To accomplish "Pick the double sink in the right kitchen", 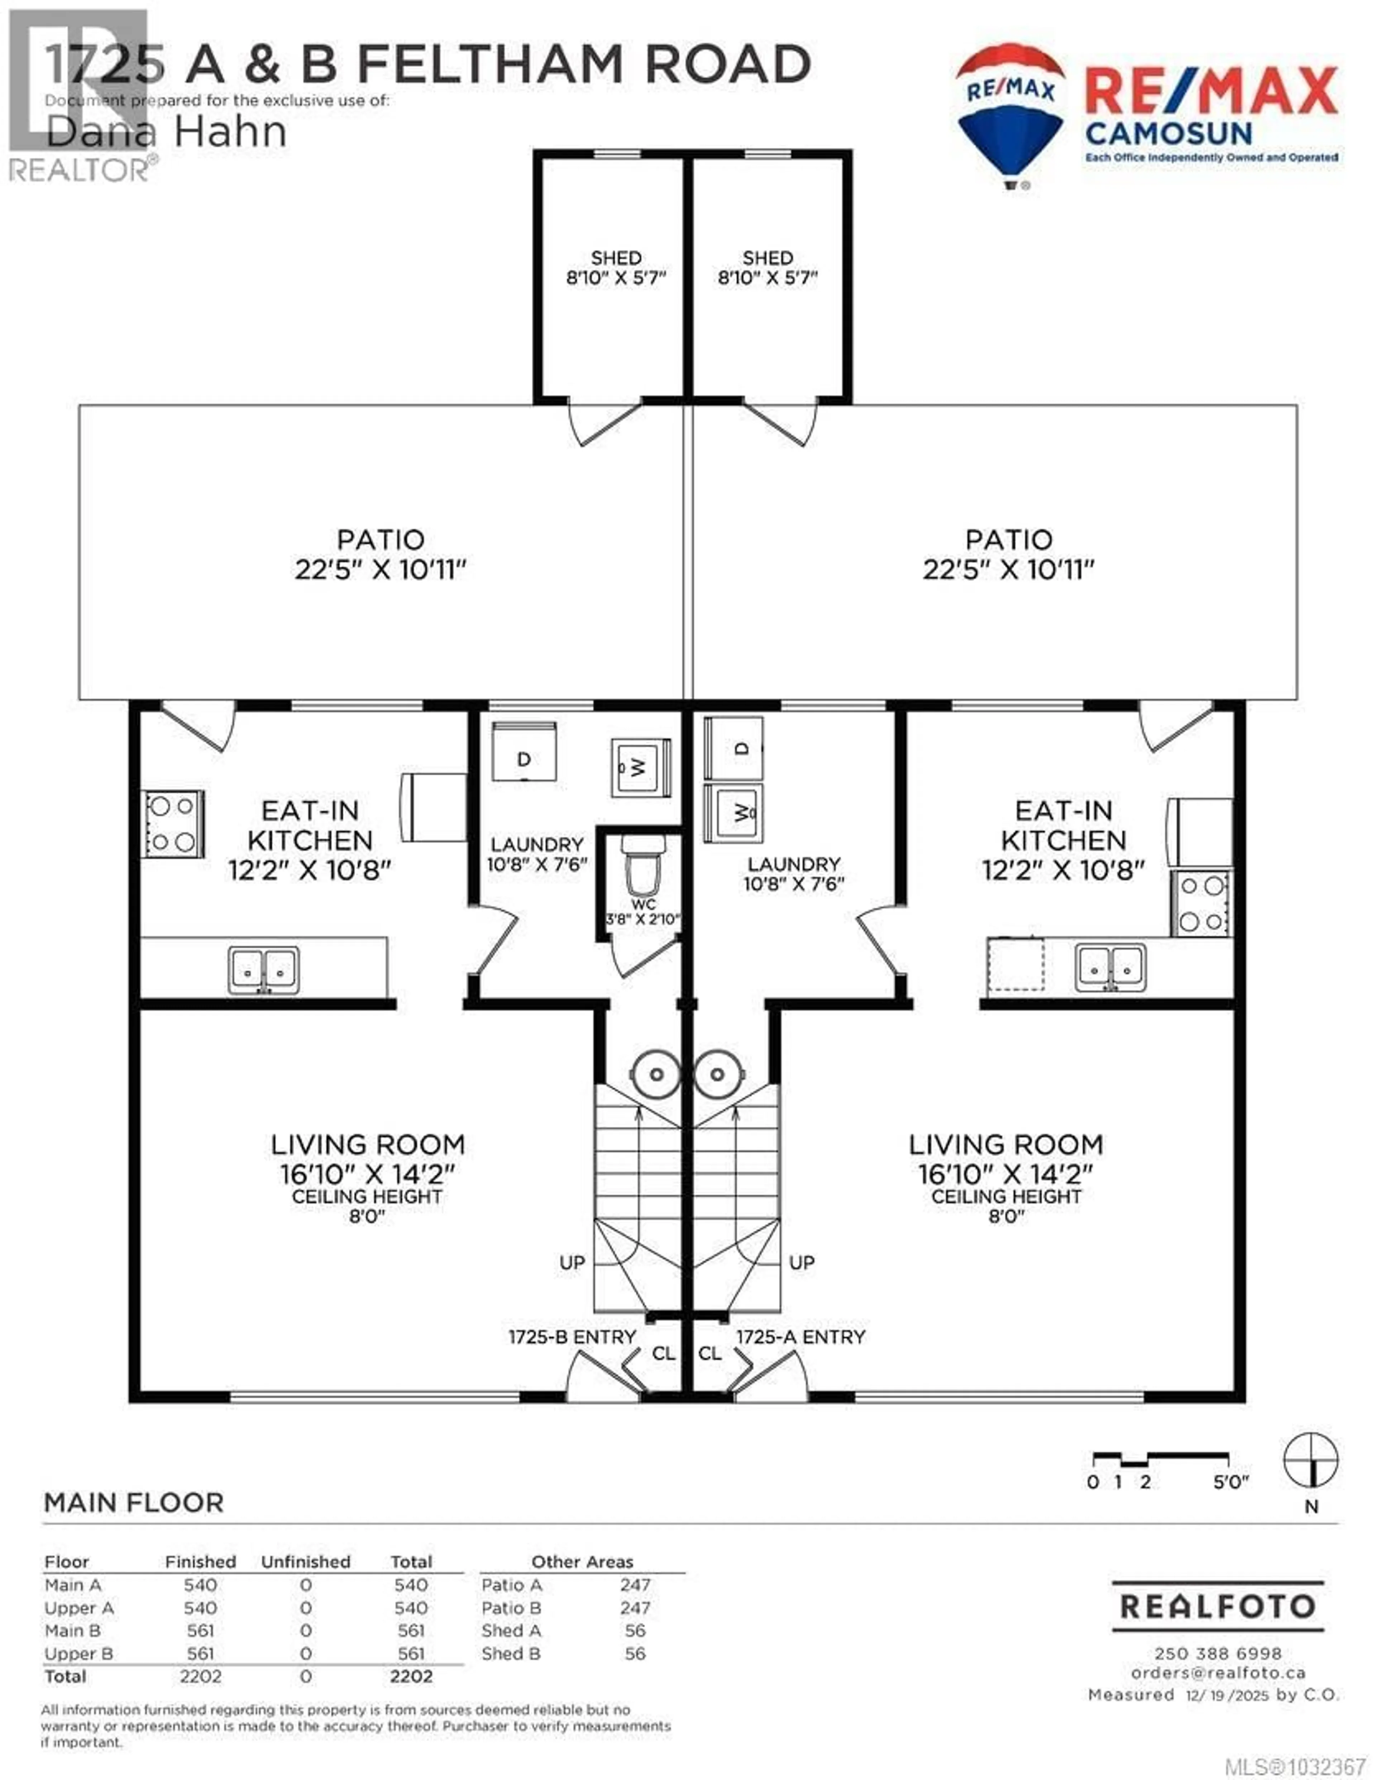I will pyautogui.click(x=1110, y=968).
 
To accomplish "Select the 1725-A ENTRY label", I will pyautogui.click(x=801, y=1337).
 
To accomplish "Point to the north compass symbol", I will pyautogui.click(x=1311, y=1460).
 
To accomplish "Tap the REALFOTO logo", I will pyautogui.click(x=1217, y=1607).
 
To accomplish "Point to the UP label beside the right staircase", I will pyautogui.click(x=801, y=1263).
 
